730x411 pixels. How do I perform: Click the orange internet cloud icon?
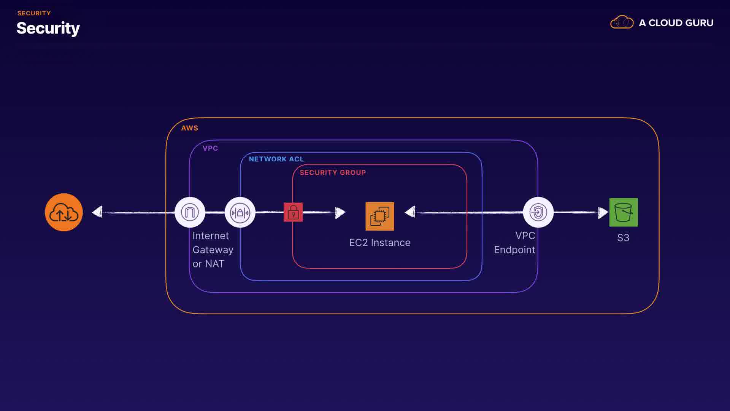point(64,212)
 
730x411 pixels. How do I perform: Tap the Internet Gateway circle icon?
point(190,212)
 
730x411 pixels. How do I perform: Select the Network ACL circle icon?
point(240,212)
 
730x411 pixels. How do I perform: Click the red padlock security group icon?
point(293,212)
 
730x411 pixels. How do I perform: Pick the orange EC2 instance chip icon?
point(379,216)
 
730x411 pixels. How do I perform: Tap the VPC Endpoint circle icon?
point(538,212)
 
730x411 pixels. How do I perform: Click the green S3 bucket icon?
point(624,212)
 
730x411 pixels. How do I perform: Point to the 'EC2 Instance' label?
point(379,243)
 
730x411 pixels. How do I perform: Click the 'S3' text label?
point(623,238)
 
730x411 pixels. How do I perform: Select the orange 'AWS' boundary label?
point(189,128)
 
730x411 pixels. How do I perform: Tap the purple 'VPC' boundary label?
point(210,148)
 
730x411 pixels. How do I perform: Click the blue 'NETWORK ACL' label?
point(276,159)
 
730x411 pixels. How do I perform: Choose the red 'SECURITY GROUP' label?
point(333,173)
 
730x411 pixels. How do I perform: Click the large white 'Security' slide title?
point(48,29)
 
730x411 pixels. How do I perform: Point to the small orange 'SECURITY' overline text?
point(34,13)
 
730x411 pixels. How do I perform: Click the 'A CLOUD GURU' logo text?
point(676,23)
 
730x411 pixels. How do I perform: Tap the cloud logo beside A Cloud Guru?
point(622,22)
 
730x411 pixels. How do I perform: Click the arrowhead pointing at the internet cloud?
point(98,212)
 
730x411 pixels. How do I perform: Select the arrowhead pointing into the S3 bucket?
point(603,213)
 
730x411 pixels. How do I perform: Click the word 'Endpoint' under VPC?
point(514,250)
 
